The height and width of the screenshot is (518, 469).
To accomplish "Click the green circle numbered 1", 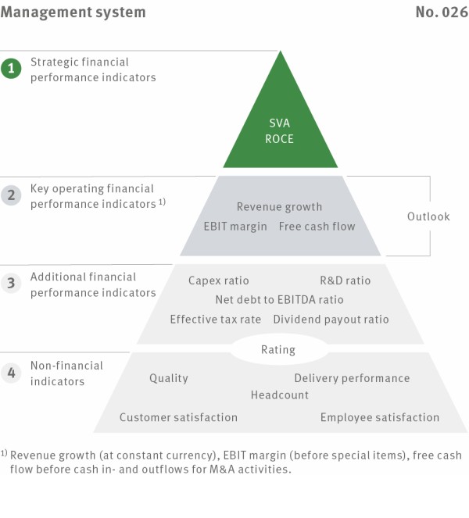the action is [x=11, y=69].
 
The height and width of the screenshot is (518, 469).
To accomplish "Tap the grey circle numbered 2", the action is [x=11, y=195].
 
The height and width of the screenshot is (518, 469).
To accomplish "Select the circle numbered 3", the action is [x=11, y=283].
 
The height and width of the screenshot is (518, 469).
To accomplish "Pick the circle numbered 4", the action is [x=11, y=373].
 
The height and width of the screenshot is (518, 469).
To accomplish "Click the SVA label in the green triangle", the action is [x=279, y=123].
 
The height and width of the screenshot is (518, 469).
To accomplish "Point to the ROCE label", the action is [x=279, y=139].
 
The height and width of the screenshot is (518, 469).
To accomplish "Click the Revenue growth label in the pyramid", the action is [x=279, y=207].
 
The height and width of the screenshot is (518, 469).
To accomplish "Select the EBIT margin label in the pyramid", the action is [x=235, y=227].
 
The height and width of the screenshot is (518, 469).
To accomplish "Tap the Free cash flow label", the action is [x=317, y=227].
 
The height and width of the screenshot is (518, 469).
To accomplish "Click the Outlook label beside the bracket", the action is [x=428, y=216].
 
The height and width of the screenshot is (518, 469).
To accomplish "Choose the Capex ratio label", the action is [x=218, y=280].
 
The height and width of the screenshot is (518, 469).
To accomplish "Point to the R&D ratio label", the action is [x=345, y=280].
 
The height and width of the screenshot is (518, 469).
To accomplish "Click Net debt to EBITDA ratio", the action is [x=279, y=300].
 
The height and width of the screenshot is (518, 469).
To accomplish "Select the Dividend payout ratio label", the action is [x=331, y=320].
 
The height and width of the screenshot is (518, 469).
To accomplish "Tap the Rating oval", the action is [x=278, y=349].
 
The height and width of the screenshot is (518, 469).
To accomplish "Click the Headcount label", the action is [x=280, y=395].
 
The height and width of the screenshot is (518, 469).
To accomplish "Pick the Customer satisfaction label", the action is [x=178, y=417].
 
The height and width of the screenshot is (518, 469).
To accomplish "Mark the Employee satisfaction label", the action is [x=380, y=417].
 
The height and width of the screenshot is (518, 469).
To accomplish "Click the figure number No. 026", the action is [x=442, y=13].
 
